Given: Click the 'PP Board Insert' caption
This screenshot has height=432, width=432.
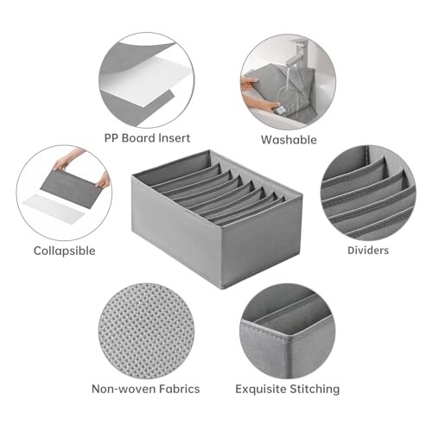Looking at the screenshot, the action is pos(147,138).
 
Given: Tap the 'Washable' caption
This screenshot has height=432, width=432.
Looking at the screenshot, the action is pos(289,140).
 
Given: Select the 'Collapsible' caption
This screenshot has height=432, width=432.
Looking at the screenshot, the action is pos(65,251).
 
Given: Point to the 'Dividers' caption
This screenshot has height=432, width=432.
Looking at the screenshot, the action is pos(368,251).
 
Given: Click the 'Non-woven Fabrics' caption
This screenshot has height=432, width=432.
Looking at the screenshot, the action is pos(146,389).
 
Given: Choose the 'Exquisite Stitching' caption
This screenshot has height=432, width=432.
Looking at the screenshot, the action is pos(288,389).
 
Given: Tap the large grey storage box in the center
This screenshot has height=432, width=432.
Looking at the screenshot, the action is pos(217,219).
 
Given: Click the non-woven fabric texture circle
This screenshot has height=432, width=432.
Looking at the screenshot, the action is pos(147,331).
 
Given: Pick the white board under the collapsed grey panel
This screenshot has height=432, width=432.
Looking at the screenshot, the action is pos(54,206).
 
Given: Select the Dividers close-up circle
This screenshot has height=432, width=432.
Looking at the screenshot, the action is pos(368,193).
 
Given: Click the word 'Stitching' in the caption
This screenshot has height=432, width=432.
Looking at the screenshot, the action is pos(314,390).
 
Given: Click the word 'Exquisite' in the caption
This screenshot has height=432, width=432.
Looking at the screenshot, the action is pos(261,390).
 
